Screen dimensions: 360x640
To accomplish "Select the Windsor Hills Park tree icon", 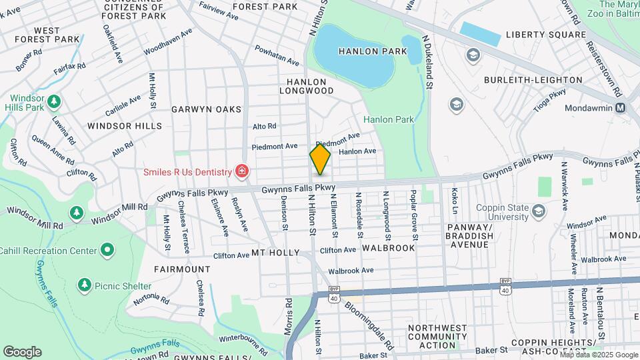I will [x=53, y=101].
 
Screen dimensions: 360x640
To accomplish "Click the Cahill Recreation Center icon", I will [x=107, y=251].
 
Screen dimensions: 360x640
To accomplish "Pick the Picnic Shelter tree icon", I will [x=84, y=286].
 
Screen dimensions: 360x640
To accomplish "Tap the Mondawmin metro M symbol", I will [x=621, y=107].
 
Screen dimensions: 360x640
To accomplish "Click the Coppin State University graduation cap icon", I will [x=539, y=211].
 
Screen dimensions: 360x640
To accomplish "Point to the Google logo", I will [x=22, y=352].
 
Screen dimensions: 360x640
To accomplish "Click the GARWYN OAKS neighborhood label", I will [x=206, y=109].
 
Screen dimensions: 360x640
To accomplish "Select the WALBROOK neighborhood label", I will [x=388, y=248].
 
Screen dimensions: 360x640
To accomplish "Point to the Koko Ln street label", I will [x=455, y=201].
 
